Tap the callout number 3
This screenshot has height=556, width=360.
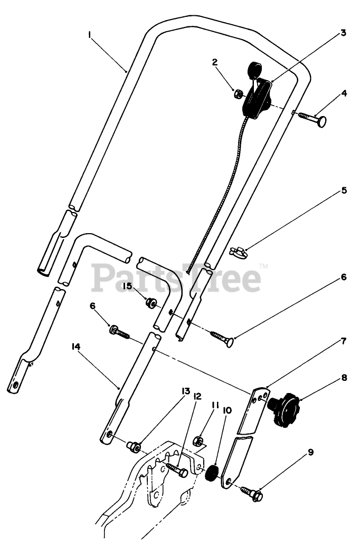pos(343,33)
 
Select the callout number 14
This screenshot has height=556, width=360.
pos(75,347)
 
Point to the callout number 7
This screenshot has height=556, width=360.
pos(344,341)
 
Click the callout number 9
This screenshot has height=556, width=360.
pos(311,452)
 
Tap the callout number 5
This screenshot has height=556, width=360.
pos(344,190)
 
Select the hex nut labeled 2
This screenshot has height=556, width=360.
pos(238,94)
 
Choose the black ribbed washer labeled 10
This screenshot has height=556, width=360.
pos(212,472)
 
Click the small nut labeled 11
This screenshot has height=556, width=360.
pos(199,439)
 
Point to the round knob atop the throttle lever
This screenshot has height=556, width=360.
pos(254,69)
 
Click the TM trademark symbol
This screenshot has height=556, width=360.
pos(264,266)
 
